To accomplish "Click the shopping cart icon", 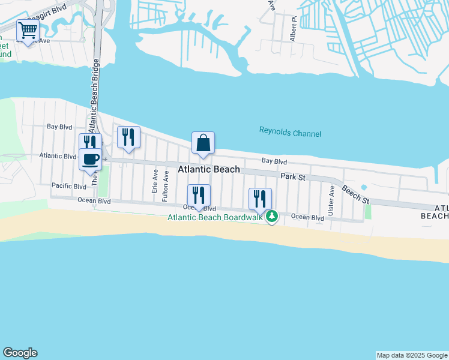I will point(28,31).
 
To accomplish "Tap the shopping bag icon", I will point(203,143).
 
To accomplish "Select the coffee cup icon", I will point(91,159).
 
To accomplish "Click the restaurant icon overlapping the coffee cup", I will point(90,142).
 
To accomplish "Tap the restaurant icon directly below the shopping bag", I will point(199,195).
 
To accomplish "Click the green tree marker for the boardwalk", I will point(272,216).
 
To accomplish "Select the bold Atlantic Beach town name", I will point(209,170).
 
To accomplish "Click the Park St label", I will point(294,178).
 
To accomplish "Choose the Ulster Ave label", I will point(331,201).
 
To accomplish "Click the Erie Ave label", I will point(155,181).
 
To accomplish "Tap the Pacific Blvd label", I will point(70,186).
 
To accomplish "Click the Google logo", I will point(20,353).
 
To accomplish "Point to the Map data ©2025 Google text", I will point(412,355).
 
